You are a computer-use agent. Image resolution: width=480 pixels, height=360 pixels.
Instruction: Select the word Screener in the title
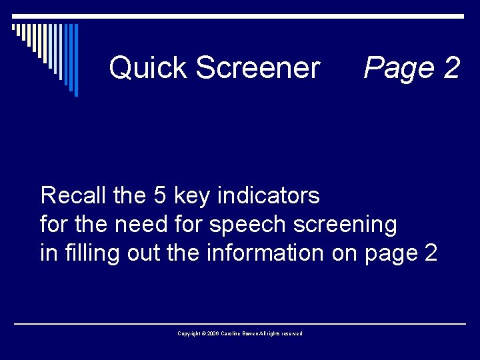(x=258, y=68)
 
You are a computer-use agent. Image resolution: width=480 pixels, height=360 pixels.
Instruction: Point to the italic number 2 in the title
(x=450, y=68)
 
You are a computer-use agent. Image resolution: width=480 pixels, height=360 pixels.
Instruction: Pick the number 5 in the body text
(x=160, y=196)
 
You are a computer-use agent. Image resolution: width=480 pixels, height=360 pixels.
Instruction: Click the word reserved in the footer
(x=292, y=333)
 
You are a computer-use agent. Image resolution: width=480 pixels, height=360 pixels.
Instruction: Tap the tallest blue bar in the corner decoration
(x=75, y=60)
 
